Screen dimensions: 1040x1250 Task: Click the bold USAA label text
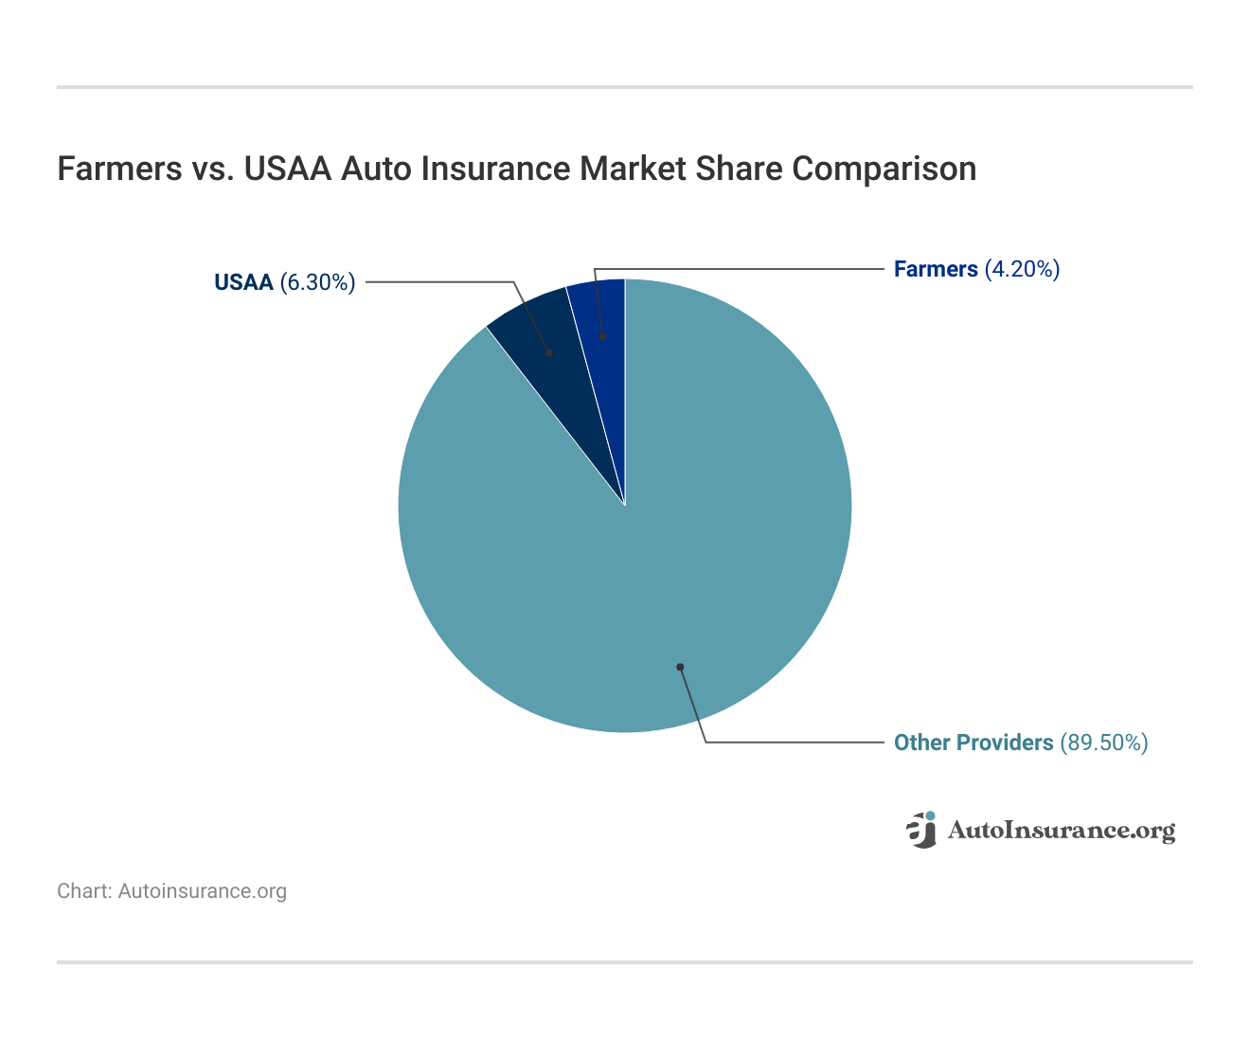(x=243, y=282)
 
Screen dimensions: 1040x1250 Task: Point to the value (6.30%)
(x=317, y=282)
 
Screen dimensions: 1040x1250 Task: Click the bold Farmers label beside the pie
(x=936, y=269)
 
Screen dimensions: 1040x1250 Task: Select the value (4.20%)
(x=1022, y=269)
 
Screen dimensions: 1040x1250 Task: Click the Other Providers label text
(x=973, y=743)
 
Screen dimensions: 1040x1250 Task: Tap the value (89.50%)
(x=1103, y=743)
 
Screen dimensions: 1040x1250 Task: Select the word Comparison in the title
(x=884, y=169)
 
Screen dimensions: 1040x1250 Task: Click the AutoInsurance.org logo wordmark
(x=1061, y=831)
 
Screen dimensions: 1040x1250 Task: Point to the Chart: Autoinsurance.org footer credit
(x=171, y=891)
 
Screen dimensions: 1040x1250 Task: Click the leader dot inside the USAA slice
(x=549, y=352)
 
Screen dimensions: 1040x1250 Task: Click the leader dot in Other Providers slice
(x=679, y=667)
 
